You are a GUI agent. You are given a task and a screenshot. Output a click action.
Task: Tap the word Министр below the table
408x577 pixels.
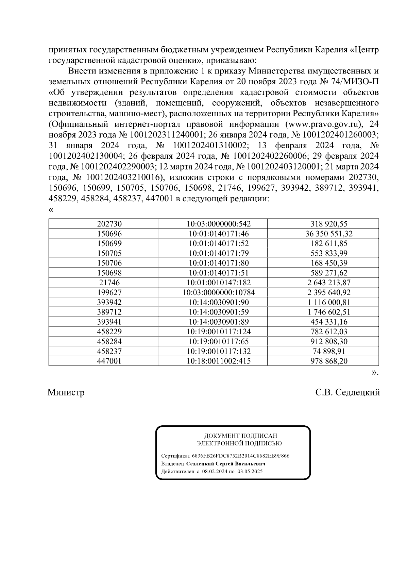(x=66, y=393)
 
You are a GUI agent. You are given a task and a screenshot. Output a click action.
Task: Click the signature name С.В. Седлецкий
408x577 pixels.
(x=347, y=393)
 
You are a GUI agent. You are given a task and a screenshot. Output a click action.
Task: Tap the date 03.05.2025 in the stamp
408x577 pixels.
(x=250, y=472)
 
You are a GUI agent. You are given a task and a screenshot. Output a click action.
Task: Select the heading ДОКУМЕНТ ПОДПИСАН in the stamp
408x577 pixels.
(x=240, y=436)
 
